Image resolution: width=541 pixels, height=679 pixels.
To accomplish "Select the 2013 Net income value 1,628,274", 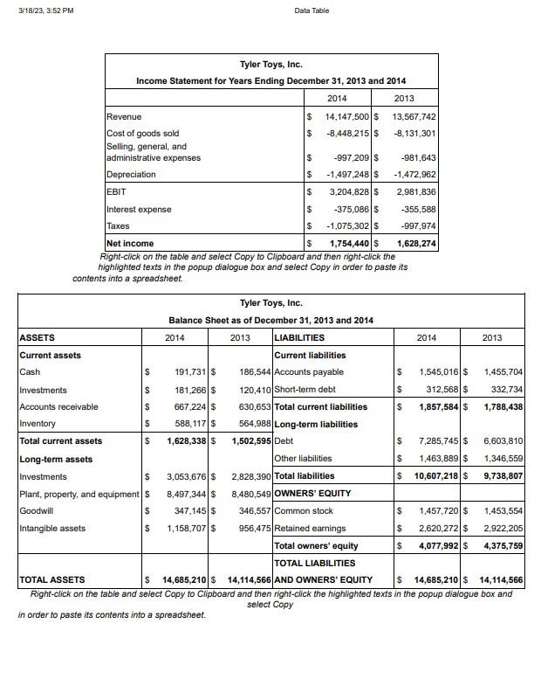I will point(416,243).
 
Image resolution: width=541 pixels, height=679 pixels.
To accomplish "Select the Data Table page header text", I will point(312,10).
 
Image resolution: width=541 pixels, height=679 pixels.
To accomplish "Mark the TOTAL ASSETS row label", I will point(52,579).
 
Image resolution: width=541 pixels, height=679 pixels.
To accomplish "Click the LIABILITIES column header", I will point(299,337).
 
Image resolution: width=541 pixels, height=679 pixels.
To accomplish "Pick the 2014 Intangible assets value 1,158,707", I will point(187,529).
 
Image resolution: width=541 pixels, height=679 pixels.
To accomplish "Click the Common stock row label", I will point(303,510).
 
